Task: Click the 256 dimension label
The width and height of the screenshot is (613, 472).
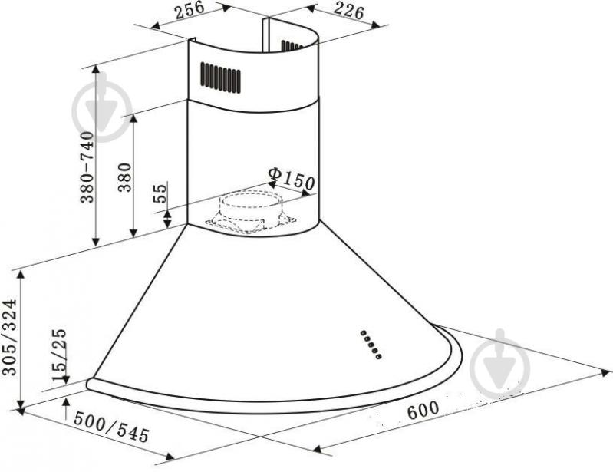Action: click(x=190, y=10)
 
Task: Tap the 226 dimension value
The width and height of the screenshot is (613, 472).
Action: click(x=348, y=11)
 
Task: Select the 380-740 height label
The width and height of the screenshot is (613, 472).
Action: click(x=87, y=167)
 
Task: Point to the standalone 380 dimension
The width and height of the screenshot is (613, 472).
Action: click(x=125, y=177)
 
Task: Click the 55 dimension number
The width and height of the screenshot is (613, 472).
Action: click(x=160, y=193)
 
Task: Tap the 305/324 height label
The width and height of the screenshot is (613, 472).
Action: click(x=9, y=337)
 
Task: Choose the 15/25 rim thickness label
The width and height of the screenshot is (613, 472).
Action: click(x=59, y=355)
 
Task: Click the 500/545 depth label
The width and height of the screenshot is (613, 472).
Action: click(x=111, y=427)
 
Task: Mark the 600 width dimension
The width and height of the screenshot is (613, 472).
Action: click(x=423, y=410)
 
